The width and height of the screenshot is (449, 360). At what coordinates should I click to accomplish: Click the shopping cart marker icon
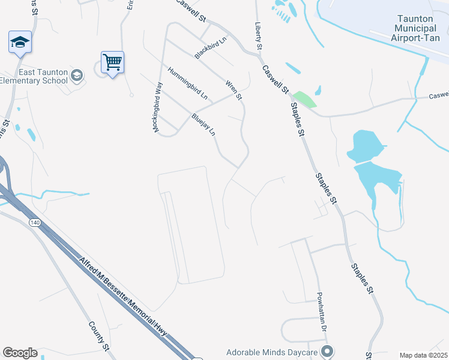(112, 62)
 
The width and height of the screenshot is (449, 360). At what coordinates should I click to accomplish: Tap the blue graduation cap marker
(19, 42)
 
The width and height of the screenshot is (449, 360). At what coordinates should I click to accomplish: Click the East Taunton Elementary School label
(34, 76)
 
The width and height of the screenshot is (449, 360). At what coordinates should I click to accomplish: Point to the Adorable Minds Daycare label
(273, 352)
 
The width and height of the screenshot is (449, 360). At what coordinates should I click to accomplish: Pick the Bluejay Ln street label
(203, 124)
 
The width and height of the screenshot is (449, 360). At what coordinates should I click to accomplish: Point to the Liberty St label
(259, 37)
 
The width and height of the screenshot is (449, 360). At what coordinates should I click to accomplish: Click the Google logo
(20, 353)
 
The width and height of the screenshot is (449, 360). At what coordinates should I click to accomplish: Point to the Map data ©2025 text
(423, 355)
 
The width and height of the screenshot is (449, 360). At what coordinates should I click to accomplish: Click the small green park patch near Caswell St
(304, 99)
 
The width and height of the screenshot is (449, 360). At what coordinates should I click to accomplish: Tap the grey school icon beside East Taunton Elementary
(76, 76)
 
